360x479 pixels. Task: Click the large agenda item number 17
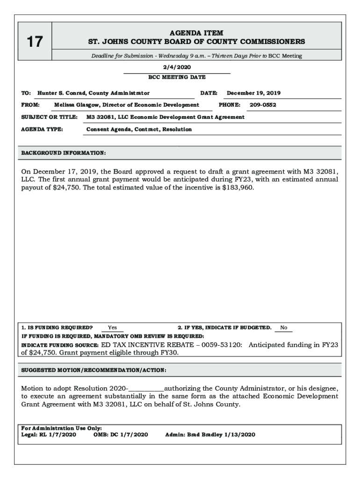point(35,42)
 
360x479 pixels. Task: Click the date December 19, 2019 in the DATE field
point(253,93)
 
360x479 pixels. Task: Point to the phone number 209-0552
point(263,105)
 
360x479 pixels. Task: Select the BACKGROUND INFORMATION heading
point(64,153)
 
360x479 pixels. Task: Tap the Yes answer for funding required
point(112,327)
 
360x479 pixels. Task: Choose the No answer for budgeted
point(283,327)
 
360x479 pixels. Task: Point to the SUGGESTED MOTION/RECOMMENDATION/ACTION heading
point(94,370)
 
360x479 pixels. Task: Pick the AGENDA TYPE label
point(42,129)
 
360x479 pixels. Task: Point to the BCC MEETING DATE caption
point(177,77)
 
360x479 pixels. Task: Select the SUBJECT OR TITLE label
point(49,117)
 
